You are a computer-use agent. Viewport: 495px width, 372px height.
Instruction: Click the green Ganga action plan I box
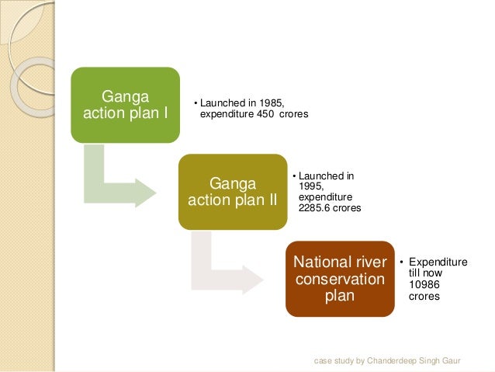click(125, 105)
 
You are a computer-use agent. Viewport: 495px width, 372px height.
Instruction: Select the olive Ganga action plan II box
click(232, 191)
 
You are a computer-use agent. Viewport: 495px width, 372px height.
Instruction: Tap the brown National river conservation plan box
click(339, 278)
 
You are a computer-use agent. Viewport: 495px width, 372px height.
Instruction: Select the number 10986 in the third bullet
click(422, 284)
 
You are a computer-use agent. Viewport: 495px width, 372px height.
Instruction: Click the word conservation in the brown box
click(339, 279)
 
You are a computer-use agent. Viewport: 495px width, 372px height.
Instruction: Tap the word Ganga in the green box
click(125, 97)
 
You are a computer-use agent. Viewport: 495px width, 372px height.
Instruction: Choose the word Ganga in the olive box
click(232, 183)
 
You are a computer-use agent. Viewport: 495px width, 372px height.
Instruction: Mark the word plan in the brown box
click(339, 296)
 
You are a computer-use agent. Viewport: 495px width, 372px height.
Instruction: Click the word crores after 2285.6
click(348, 208)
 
